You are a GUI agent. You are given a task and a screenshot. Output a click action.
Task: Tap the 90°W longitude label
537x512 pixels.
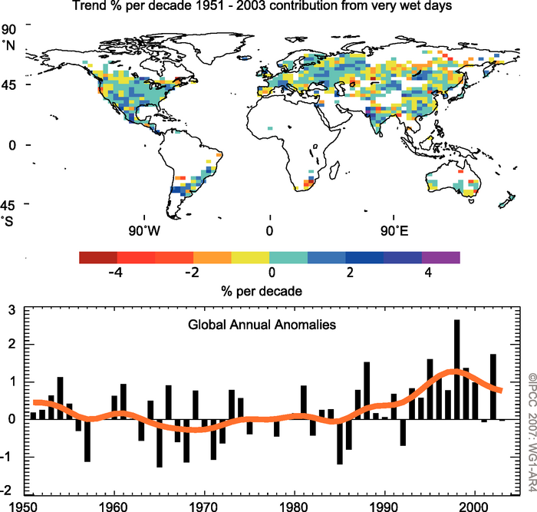coord(144,230)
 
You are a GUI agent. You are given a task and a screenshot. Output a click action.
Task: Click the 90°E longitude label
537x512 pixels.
coord(394,230)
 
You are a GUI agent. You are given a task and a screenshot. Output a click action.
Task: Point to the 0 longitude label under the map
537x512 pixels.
coord(269,230)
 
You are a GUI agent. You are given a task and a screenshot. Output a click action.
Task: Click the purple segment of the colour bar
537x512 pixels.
coord(440,257)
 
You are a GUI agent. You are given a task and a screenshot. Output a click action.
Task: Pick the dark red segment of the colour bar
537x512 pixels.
coord(97,257)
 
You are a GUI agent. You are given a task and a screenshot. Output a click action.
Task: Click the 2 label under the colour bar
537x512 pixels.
coord(345,272)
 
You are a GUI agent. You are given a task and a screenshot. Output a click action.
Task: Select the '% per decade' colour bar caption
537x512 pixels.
coord(269,291)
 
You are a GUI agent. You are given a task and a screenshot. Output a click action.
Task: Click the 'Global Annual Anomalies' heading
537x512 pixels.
coord(262,325)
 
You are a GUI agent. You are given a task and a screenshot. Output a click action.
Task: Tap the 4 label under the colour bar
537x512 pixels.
coord(421,272)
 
